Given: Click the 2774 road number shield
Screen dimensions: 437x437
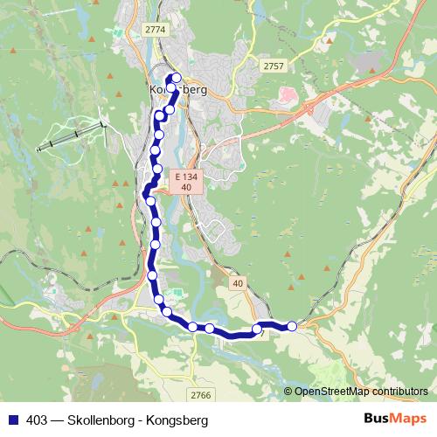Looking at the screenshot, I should coord(155,29).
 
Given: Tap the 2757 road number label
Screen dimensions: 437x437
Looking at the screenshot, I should coord(274,66).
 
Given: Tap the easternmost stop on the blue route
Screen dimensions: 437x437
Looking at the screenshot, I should coord(292,326).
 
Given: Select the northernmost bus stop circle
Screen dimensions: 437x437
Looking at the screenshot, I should coord(177,78).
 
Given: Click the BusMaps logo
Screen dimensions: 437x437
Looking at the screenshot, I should coord(394,419).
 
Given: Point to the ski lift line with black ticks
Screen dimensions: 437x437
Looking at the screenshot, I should coord(73,135).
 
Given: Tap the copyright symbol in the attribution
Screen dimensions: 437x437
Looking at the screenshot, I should coord(288,391).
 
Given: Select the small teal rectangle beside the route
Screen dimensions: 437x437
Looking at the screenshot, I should coord(177,295).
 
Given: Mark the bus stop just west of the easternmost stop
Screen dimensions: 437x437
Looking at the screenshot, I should coord(258,329).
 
